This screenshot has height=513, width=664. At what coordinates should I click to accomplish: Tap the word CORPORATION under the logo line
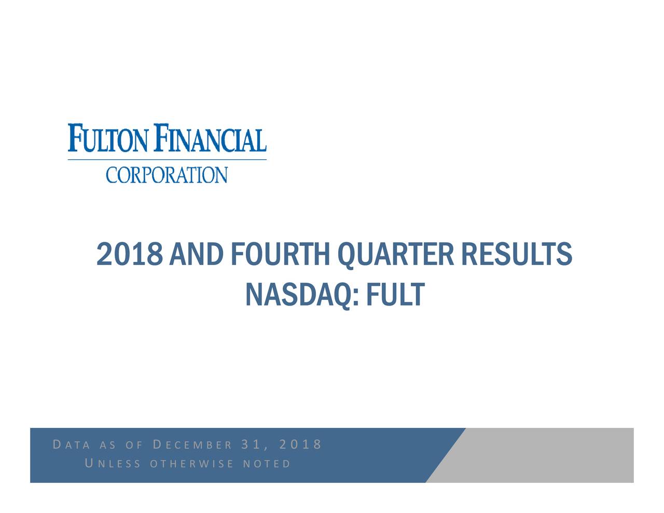pyautogui.click(x=167, y=175)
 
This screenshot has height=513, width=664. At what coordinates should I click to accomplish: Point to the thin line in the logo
pyautogui.click(x=167, y=160)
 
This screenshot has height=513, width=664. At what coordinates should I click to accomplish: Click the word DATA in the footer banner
pyautogui.click(x=72, y=445)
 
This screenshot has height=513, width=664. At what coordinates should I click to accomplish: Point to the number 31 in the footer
pyautogui.click(x=251, y=445)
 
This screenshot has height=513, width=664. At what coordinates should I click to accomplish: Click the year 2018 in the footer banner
pyautogui.click(x=300, y=445)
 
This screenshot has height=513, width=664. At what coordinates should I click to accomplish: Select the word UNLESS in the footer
pyautogui.click(x=112, y=463)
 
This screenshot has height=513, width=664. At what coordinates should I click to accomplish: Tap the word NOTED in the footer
pyautogui.click(x=266, y=463)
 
